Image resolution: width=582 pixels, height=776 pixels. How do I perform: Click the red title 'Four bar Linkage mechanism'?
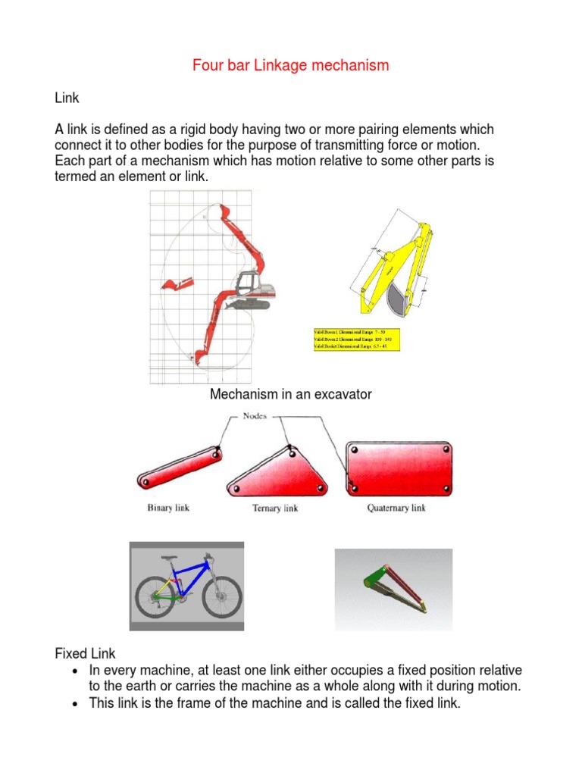(290, 65)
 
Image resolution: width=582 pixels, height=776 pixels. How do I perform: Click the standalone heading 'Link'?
(66, 99)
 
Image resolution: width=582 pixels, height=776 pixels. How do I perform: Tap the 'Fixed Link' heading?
(85, 653)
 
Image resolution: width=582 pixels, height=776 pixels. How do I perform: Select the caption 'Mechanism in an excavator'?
(290, 394)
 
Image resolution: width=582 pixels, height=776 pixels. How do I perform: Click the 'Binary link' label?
(168, 507)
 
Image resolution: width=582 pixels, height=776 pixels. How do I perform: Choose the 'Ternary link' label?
(275, 508)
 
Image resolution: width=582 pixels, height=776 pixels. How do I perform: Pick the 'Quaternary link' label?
(396, 508)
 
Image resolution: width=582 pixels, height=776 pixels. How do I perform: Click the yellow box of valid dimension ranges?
(355, 339)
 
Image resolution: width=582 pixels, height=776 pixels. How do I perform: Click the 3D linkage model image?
(393, 590)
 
